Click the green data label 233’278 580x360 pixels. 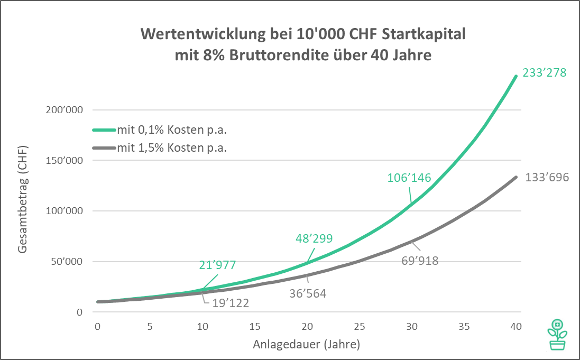click(x=544, y=73)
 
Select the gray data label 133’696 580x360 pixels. click(x=547, y=178)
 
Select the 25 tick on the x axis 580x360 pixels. click(x=360, y=326)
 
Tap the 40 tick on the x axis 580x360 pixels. click(x=516, y=326)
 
